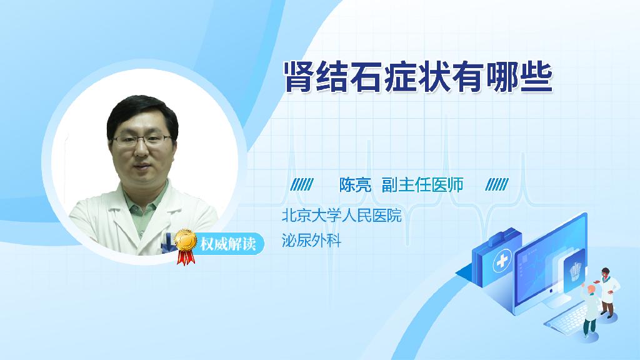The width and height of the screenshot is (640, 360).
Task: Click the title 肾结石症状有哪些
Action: pyautogui.click(x=418, y=77)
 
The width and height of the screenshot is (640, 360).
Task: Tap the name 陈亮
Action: pyautogui.click(x=355, y=185)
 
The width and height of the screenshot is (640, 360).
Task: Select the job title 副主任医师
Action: pyautogui.click(x=422, y=185)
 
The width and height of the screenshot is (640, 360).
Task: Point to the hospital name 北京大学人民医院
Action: pyautogui.click(x=342, y=216)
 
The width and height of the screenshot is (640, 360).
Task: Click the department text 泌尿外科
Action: pyautogui.click(x=311, y=241)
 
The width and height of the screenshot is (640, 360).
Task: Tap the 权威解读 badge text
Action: pyautogui.click(x=227, y=244)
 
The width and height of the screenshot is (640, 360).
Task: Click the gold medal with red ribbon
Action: pyautogui.click(x=185, y=246)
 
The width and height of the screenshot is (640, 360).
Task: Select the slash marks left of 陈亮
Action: pyautogui.click(x=302, y=184)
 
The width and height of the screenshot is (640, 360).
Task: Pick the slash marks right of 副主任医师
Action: pyautogui.click(x=497, y=184)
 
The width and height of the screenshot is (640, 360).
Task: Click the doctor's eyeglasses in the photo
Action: pyautogui.click(x=141, y=141)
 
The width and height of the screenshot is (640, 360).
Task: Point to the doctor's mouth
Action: pyautogui.click(x=141, y=167)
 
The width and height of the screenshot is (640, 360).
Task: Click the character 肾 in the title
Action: pyautogui.click(x=300, y=77)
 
